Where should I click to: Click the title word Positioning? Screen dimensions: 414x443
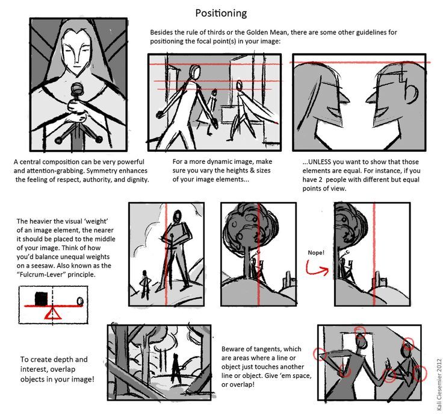(x=221, y=12)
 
